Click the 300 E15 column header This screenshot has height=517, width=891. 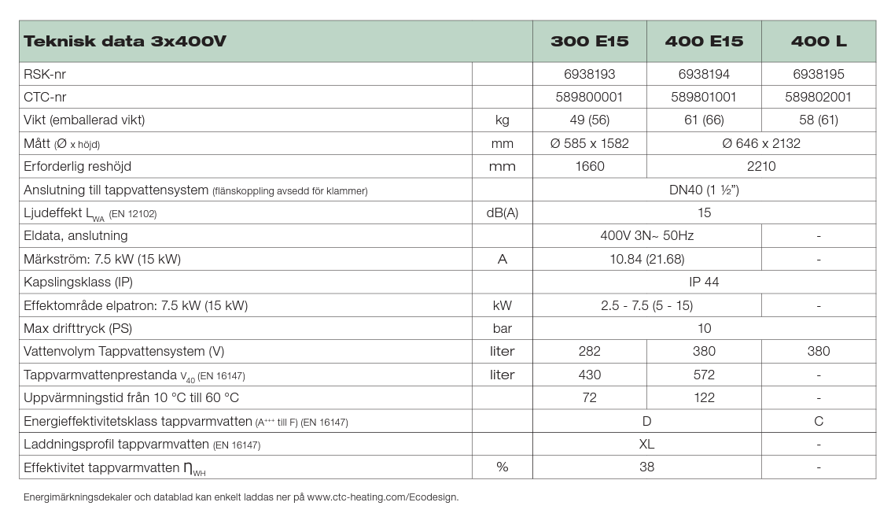[x=589, y=42]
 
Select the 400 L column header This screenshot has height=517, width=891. [x=818, y=42]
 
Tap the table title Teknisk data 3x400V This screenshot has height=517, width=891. [x=125, y=42]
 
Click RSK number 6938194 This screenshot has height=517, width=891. [x=704, y=74]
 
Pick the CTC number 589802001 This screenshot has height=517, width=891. [x=818, y=97]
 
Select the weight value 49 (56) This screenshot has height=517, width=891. [x=589, y=120]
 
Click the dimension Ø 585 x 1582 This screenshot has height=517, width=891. [x=589, y=143]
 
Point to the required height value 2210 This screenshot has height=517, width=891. [x=760, y=166]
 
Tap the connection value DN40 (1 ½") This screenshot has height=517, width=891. [x=704, y=190]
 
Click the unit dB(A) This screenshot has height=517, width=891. [x=502, y=212]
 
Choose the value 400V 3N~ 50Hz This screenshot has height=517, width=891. [x=646, y=235]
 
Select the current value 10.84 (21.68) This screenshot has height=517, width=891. [x=646, y=259]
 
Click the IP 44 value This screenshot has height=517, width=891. [x=704, y=282]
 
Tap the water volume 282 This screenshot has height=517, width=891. [x=589, y=351]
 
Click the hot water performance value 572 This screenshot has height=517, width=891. [x=704, y=375]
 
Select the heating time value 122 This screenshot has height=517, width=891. [x=704, y=397]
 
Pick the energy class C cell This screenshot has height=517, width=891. [x=818, y=421]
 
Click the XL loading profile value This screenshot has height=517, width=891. [x=646, y=444]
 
